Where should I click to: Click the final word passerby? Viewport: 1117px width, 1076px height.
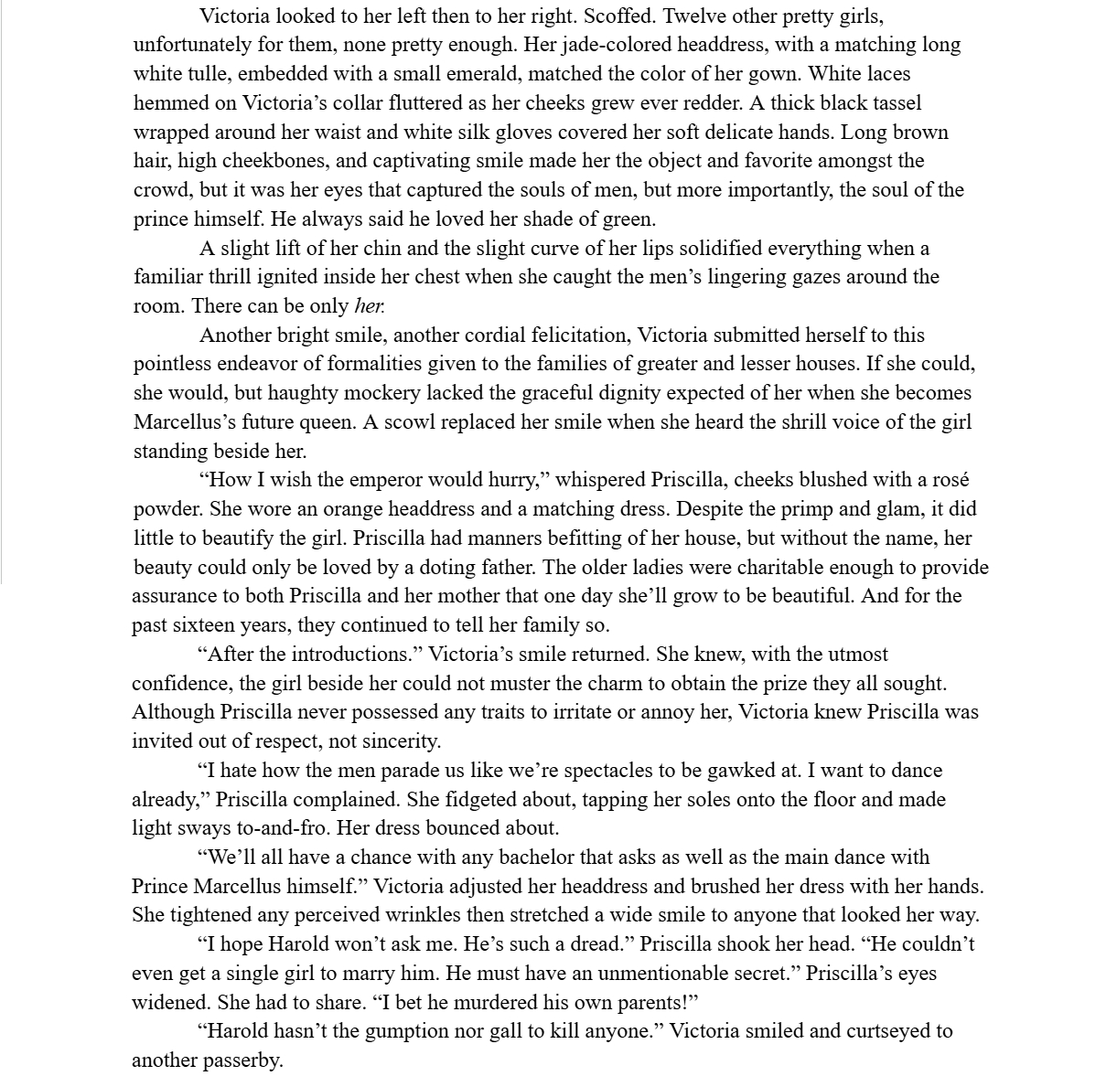coord(242,1060)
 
